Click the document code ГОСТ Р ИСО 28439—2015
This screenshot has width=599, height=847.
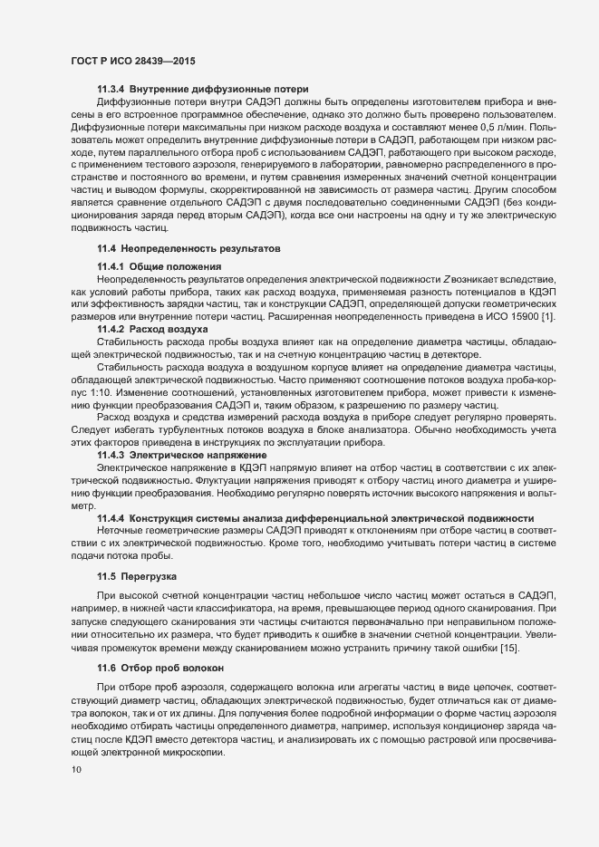pyautogui.click(x=133, y=61)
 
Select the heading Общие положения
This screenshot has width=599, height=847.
pyautogui.click(x=176, y=265)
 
